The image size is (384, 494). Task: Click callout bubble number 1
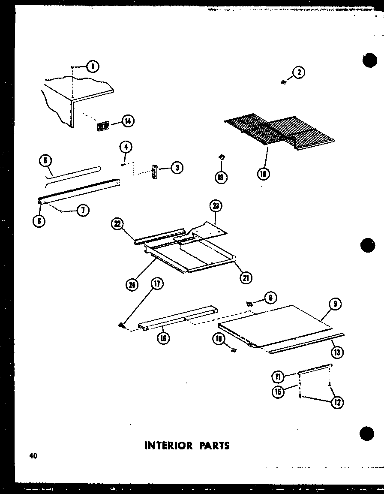tap(92, 66)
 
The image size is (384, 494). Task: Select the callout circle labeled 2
tap(299, 72)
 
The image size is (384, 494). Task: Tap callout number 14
tap(128, 121)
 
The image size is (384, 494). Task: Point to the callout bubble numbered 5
tap(45, 161)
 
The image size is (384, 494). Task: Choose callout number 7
tap(83, 210)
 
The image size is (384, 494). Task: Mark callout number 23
tap(216, 206)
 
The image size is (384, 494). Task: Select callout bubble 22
tap(117, 223)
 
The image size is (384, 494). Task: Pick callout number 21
tap(246, 277)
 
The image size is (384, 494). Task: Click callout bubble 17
tap(157, 284)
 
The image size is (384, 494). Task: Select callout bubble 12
tap(337, 402)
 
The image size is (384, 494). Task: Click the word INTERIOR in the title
tap(163, 446)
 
